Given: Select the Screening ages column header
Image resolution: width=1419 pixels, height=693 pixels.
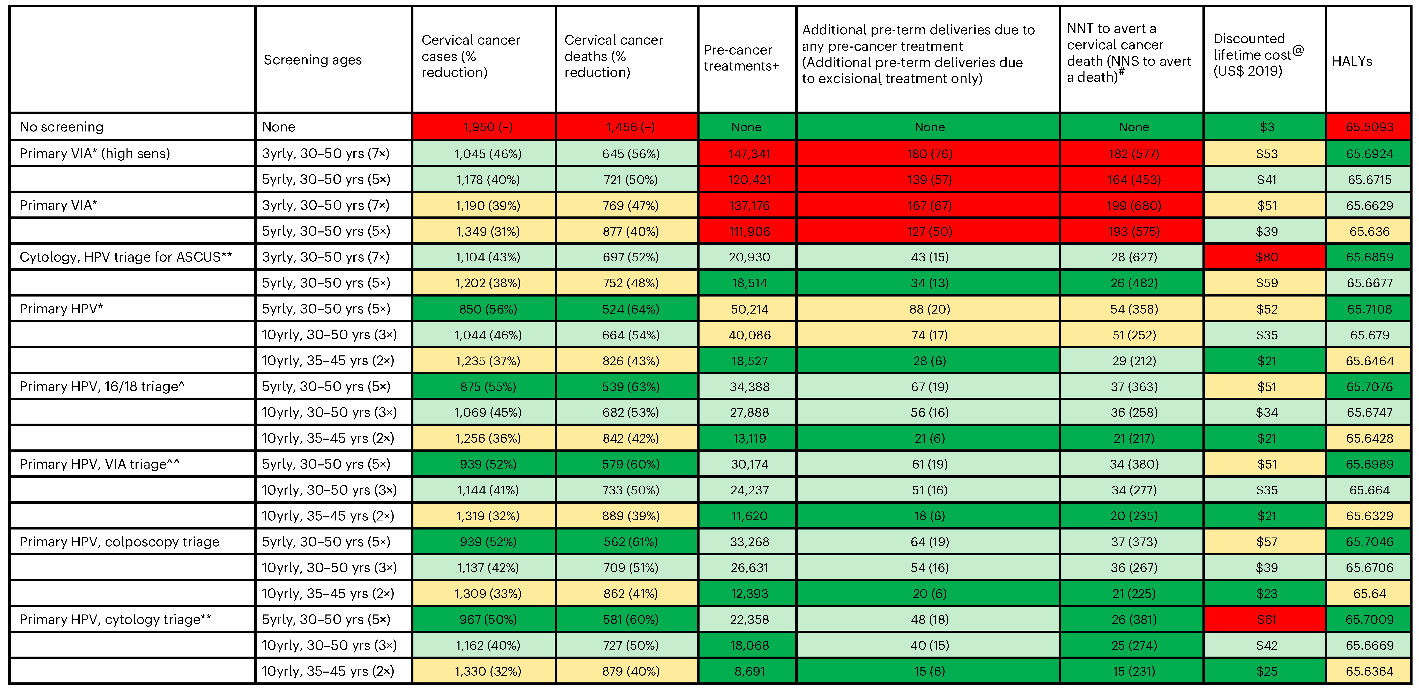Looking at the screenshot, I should (312, 60).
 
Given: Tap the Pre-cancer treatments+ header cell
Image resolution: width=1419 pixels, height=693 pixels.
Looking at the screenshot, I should (741, 58).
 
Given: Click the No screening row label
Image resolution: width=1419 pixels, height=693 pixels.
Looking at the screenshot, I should (62, 127).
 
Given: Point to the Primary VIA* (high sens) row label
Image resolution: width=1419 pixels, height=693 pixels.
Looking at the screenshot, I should (95, 154).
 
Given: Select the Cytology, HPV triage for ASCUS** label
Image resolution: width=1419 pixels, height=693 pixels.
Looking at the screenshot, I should (126, 257).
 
